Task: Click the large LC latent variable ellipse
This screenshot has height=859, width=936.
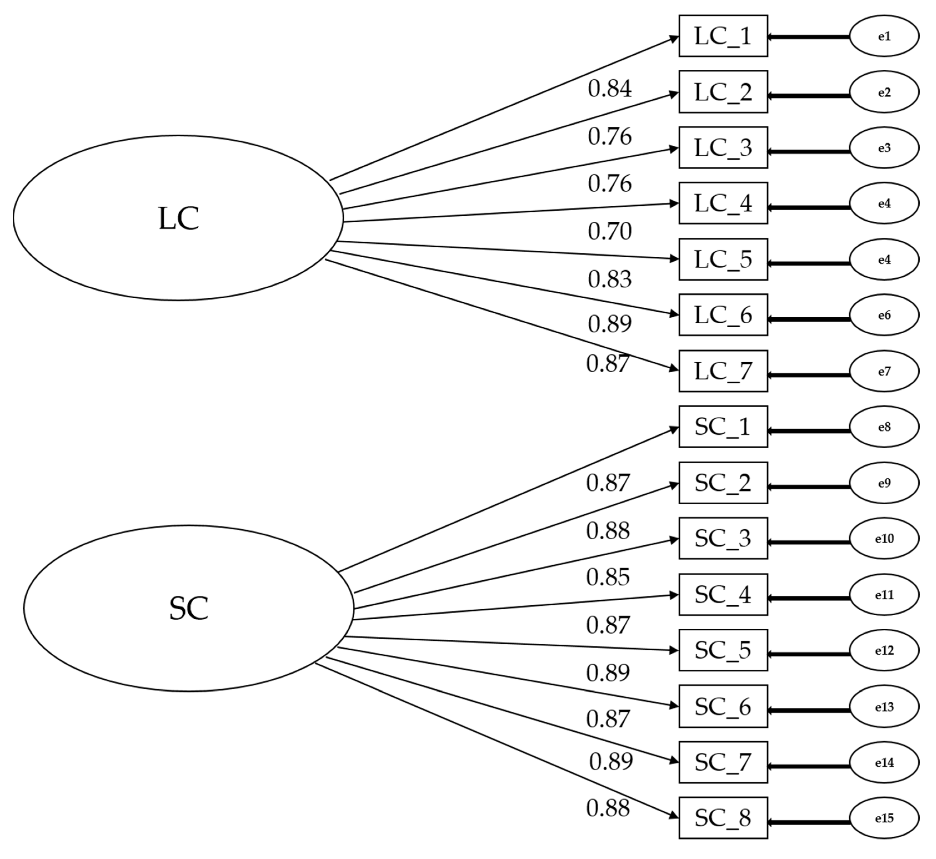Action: (178, 218)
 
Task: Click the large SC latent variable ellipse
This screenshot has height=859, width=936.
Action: (189, 608)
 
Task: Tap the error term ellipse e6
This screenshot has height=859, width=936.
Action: (884, 315)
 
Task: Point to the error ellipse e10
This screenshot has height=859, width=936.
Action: (884, 538)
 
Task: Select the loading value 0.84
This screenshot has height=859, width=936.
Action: (609, 89)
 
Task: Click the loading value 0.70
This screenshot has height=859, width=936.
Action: (609, 231)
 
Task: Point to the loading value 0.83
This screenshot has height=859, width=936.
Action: (609, 279)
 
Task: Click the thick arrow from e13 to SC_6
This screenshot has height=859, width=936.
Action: (809, 710)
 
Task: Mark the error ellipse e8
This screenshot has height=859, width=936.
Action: (884, 427)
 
